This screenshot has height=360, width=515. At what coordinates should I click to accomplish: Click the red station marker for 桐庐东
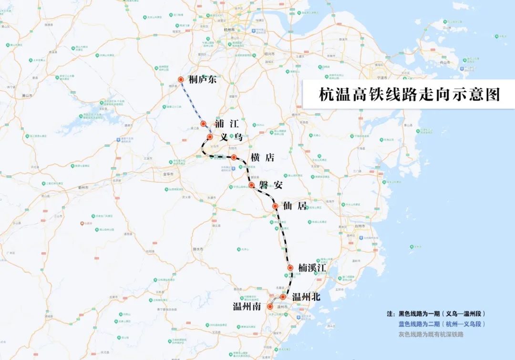tap(181, 80)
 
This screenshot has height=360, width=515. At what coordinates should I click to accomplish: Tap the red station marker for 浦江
tap(203, 123)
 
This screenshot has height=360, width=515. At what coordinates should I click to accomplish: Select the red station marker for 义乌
tap(209, 137)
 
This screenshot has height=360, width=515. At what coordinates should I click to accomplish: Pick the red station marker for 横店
tap(234, 157)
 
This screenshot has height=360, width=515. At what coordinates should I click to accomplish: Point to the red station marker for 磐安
tap(251, 185)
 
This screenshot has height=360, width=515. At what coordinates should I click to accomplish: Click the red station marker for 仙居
tap(275, 206)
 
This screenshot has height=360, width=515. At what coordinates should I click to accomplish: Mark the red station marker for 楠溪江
tap(290, 268)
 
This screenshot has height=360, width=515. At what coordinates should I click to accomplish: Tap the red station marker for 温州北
tap(283, 297)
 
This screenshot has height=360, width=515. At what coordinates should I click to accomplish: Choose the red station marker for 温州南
tap(270, 307)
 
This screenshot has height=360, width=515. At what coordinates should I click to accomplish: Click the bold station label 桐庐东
tap(203, 80)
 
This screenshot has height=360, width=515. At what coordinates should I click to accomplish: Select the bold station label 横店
tap(262, 157)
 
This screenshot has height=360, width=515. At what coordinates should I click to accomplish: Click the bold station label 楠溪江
tap(312, 268)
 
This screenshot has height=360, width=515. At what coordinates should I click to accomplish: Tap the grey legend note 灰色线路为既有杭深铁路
tap(431, 334)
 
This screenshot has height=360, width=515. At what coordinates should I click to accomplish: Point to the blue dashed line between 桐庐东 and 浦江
tap(192, 102)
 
